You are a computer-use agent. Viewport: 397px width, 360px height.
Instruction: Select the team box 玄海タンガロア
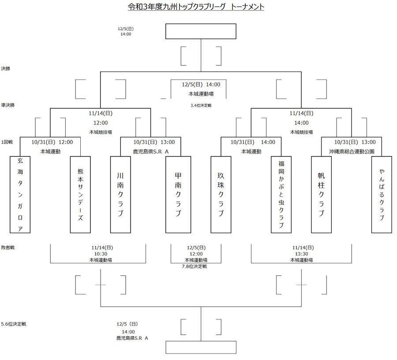point(20,194)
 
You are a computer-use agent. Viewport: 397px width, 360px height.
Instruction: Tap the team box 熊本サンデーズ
point(80,194)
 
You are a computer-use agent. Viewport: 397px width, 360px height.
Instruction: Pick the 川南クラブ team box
point(120,194)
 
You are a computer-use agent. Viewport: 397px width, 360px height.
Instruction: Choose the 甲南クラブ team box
point(177,194)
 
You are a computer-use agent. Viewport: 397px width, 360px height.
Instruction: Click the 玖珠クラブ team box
point(221,194)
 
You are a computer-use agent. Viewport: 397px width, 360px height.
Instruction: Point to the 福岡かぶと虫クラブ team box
point(281,194)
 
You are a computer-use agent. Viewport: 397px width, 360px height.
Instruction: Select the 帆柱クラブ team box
point(321,194)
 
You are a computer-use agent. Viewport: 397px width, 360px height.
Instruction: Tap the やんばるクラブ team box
point(382,194)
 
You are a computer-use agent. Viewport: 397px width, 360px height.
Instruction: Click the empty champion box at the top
point(201,32)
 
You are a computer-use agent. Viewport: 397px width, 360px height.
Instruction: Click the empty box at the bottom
point(201,347)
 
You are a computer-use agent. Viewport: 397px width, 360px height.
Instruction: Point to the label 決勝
point(6,69)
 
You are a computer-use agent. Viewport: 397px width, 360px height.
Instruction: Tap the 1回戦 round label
point(7,141)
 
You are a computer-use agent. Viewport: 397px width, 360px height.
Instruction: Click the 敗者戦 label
point(7,248)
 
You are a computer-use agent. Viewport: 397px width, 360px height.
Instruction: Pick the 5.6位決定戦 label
point(14,324)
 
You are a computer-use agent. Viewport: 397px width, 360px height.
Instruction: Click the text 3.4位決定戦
point(201,105)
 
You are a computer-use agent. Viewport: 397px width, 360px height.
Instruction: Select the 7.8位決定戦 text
point(194,267)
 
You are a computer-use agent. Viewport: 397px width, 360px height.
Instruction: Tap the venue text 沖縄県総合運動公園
point(352,151)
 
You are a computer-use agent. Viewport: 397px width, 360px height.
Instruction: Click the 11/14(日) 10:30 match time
point(101,251)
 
